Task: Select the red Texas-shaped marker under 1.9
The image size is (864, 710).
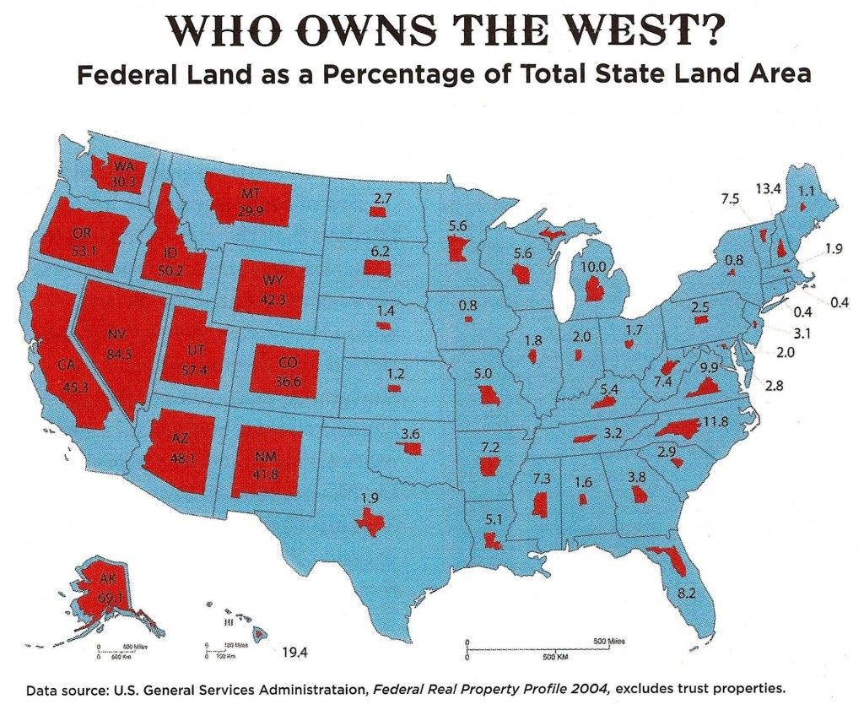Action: tap(369, 523)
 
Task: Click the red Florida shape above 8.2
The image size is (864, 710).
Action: tap(656, 559)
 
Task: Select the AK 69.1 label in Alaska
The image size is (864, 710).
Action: tap(112, 588)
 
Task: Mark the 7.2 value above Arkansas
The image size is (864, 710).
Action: tap(490, 444)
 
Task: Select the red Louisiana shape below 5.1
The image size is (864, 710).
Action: tap(492, 539)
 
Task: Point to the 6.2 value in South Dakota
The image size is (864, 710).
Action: tap(380, 251)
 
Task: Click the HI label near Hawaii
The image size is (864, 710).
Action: tap(226, 623)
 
